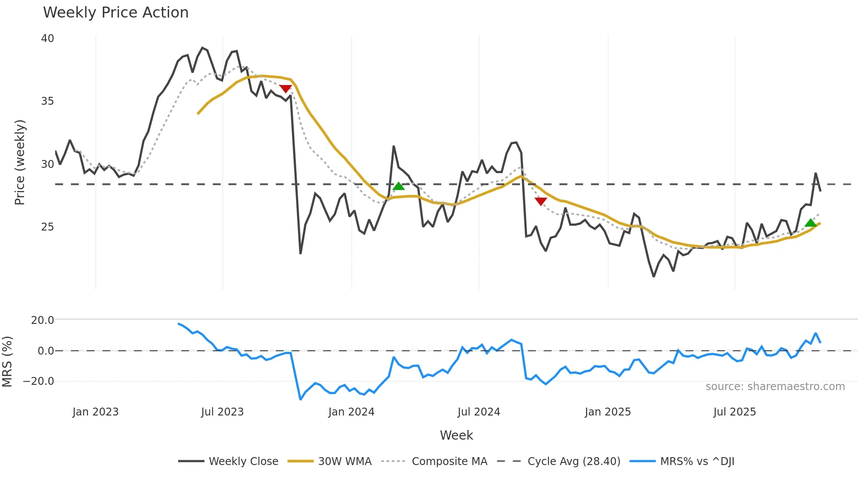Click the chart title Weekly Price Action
click(116, 13)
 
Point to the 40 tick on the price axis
click(47, 39)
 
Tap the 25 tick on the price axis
click(47, 227)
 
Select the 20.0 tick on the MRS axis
click(42, 320)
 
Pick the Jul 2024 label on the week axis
click(478, 412)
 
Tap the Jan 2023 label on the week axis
click(95, 412)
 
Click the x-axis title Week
click(456, 435)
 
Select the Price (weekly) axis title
click(20, 163)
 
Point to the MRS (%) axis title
click(7, 362)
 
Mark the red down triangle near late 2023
click(285, 89)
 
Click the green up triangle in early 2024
click(398, 186)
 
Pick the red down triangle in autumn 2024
click(541, 201)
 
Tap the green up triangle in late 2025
click(811, 223)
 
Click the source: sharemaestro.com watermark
click(775, 387)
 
